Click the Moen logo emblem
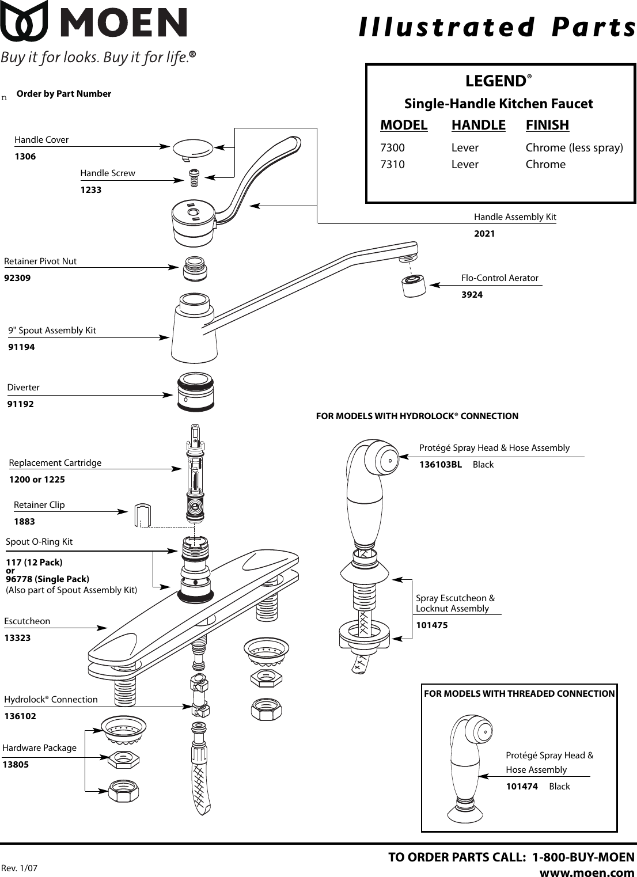24,21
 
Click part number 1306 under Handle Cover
25,157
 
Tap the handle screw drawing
194,177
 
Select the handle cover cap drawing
192,147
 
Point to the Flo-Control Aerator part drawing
413,285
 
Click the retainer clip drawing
142,515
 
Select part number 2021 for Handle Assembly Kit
484,234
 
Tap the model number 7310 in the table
392,165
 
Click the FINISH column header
547,125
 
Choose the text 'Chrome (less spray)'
574,148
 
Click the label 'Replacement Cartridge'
55,463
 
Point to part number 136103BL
441,465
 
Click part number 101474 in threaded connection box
522,787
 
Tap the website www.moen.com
586,872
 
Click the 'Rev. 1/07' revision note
19,868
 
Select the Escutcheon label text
27,621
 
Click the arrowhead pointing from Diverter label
168,395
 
